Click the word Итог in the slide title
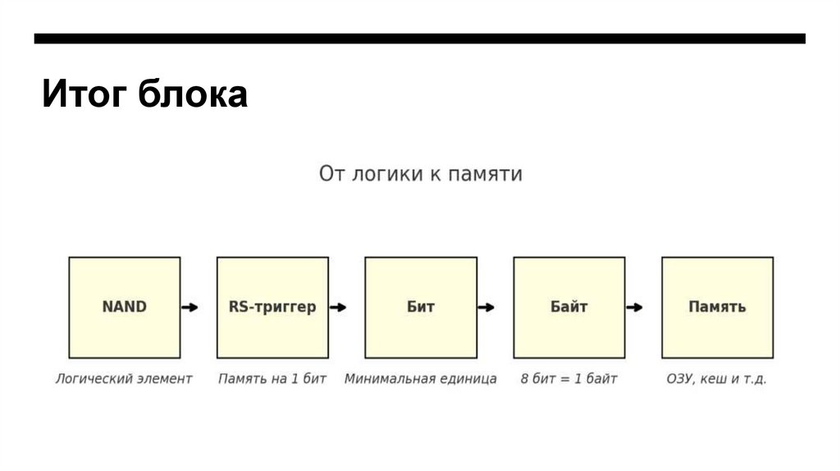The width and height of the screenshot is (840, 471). [x=84, y=94]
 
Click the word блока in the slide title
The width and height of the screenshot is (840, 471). [x=193, y=94]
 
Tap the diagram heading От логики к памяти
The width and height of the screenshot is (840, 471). [x=420, y=174]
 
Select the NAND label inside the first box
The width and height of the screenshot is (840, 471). [x=124, y=307]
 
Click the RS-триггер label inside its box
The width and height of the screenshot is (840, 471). [x=272, y=307]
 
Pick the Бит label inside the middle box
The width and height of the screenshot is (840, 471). [x=420, y=307]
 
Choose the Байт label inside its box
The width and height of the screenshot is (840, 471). [x=568, y=307]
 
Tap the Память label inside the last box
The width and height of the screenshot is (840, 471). [x=717, y=307]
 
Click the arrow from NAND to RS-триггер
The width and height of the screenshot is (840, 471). [x=189, y=307]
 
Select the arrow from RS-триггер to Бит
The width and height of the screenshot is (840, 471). [x=338, y=307]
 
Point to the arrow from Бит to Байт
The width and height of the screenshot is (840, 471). [x=486, y=307]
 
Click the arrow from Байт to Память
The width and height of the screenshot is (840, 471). [x=634, y=307]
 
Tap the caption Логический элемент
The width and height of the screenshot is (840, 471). [x=124, y=379]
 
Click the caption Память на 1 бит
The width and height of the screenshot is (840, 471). [x=272, y=379]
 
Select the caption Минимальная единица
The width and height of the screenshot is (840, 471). [x=420, y=379]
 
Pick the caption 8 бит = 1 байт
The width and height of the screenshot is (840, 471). [x=568, y=379]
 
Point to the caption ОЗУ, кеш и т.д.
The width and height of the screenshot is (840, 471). [x=717, y=379]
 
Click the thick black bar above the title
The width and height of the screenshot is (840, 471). [x=420, y=39]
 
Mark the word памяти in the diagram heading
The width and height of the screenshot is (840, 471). [x=486, y=174]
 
